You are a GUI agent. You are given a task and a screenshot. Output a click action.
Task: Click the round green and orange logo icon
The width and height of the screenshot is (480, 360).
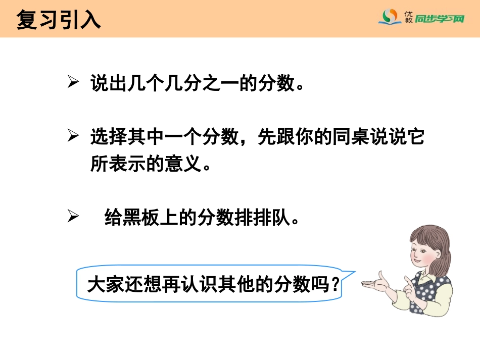[389, 18]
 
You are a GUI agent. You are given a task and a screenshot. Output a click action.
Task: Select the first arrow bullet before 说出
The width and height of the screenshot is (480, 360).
[73, 83]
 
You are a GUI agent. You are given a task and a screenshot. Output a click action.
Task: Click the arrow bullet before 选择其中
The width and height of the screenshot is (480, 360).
[73, 137]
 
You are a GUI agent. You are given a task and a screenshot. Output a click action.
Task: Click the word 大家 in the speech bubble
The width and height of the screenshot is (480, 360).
[100, 285]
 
